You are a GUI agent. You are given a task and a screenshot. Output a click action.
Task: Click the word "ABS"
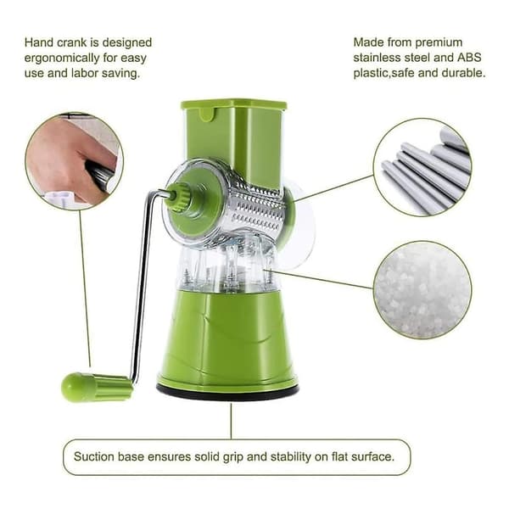[469, 58]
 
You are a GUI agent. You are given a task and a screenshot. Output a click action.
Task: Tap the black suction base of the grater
[227, 390]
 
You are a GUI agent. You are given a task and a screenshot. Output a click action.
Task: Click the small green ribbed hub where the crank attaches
[177, 197]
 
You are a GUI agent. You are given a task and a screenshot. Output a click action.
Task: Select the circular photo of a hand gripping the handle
[75, 161]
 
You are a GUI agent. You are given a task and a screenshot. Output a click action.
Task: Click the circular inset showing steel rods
[422, 167]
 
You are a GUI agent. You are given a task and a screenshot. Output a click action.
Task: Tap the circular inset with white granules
[422, 290]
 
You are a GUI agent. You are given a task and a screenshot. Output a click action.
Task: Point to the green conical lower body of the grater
[227, 338]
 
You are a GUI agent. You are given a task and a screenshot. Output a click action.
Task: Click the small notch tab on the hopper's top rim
[208, 115]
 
